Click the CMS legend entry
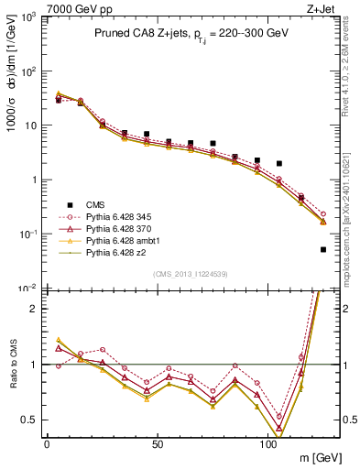pos(95,204)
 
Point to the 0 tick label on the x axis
pos(47,444)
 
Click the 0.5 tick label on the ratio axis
pos(28,420)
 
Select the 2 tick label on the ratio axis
pos(34,309)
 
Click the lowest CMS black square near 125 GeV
pos(323,249)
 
